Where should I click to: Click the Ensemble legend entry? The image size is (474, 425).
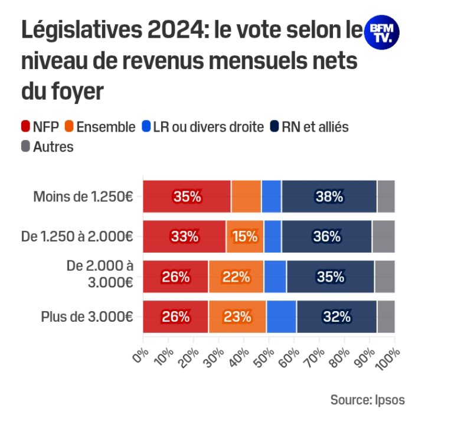click(x=99, y=126)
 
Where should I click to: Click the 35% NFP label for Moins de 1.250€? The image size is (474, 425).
click(x=187, y=197)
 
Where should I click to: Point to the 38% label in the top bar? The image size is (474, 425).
click(x=329, y=197)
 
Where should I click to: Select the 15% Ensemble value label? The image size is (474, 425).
click(x=244, y=237)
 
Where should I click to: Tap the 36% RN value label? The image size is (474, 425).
click(x=326, y=237)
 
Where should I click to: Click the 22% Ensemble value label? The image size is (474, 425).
click(x=236, y=276)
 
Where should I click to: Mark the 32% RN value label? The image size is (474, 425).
click(x=336, y=316)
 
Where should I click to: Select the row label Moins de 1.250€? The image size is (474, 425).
click(x=83, y=197)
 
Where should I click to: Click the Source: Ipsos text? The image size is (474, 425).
click(x=367, y=400)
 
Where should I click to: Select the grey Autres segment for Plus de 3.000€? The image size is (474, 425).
click(x=386, y=316)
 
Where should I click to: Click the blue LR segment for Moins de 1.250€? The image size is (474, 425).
click(x=271, y=197)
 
